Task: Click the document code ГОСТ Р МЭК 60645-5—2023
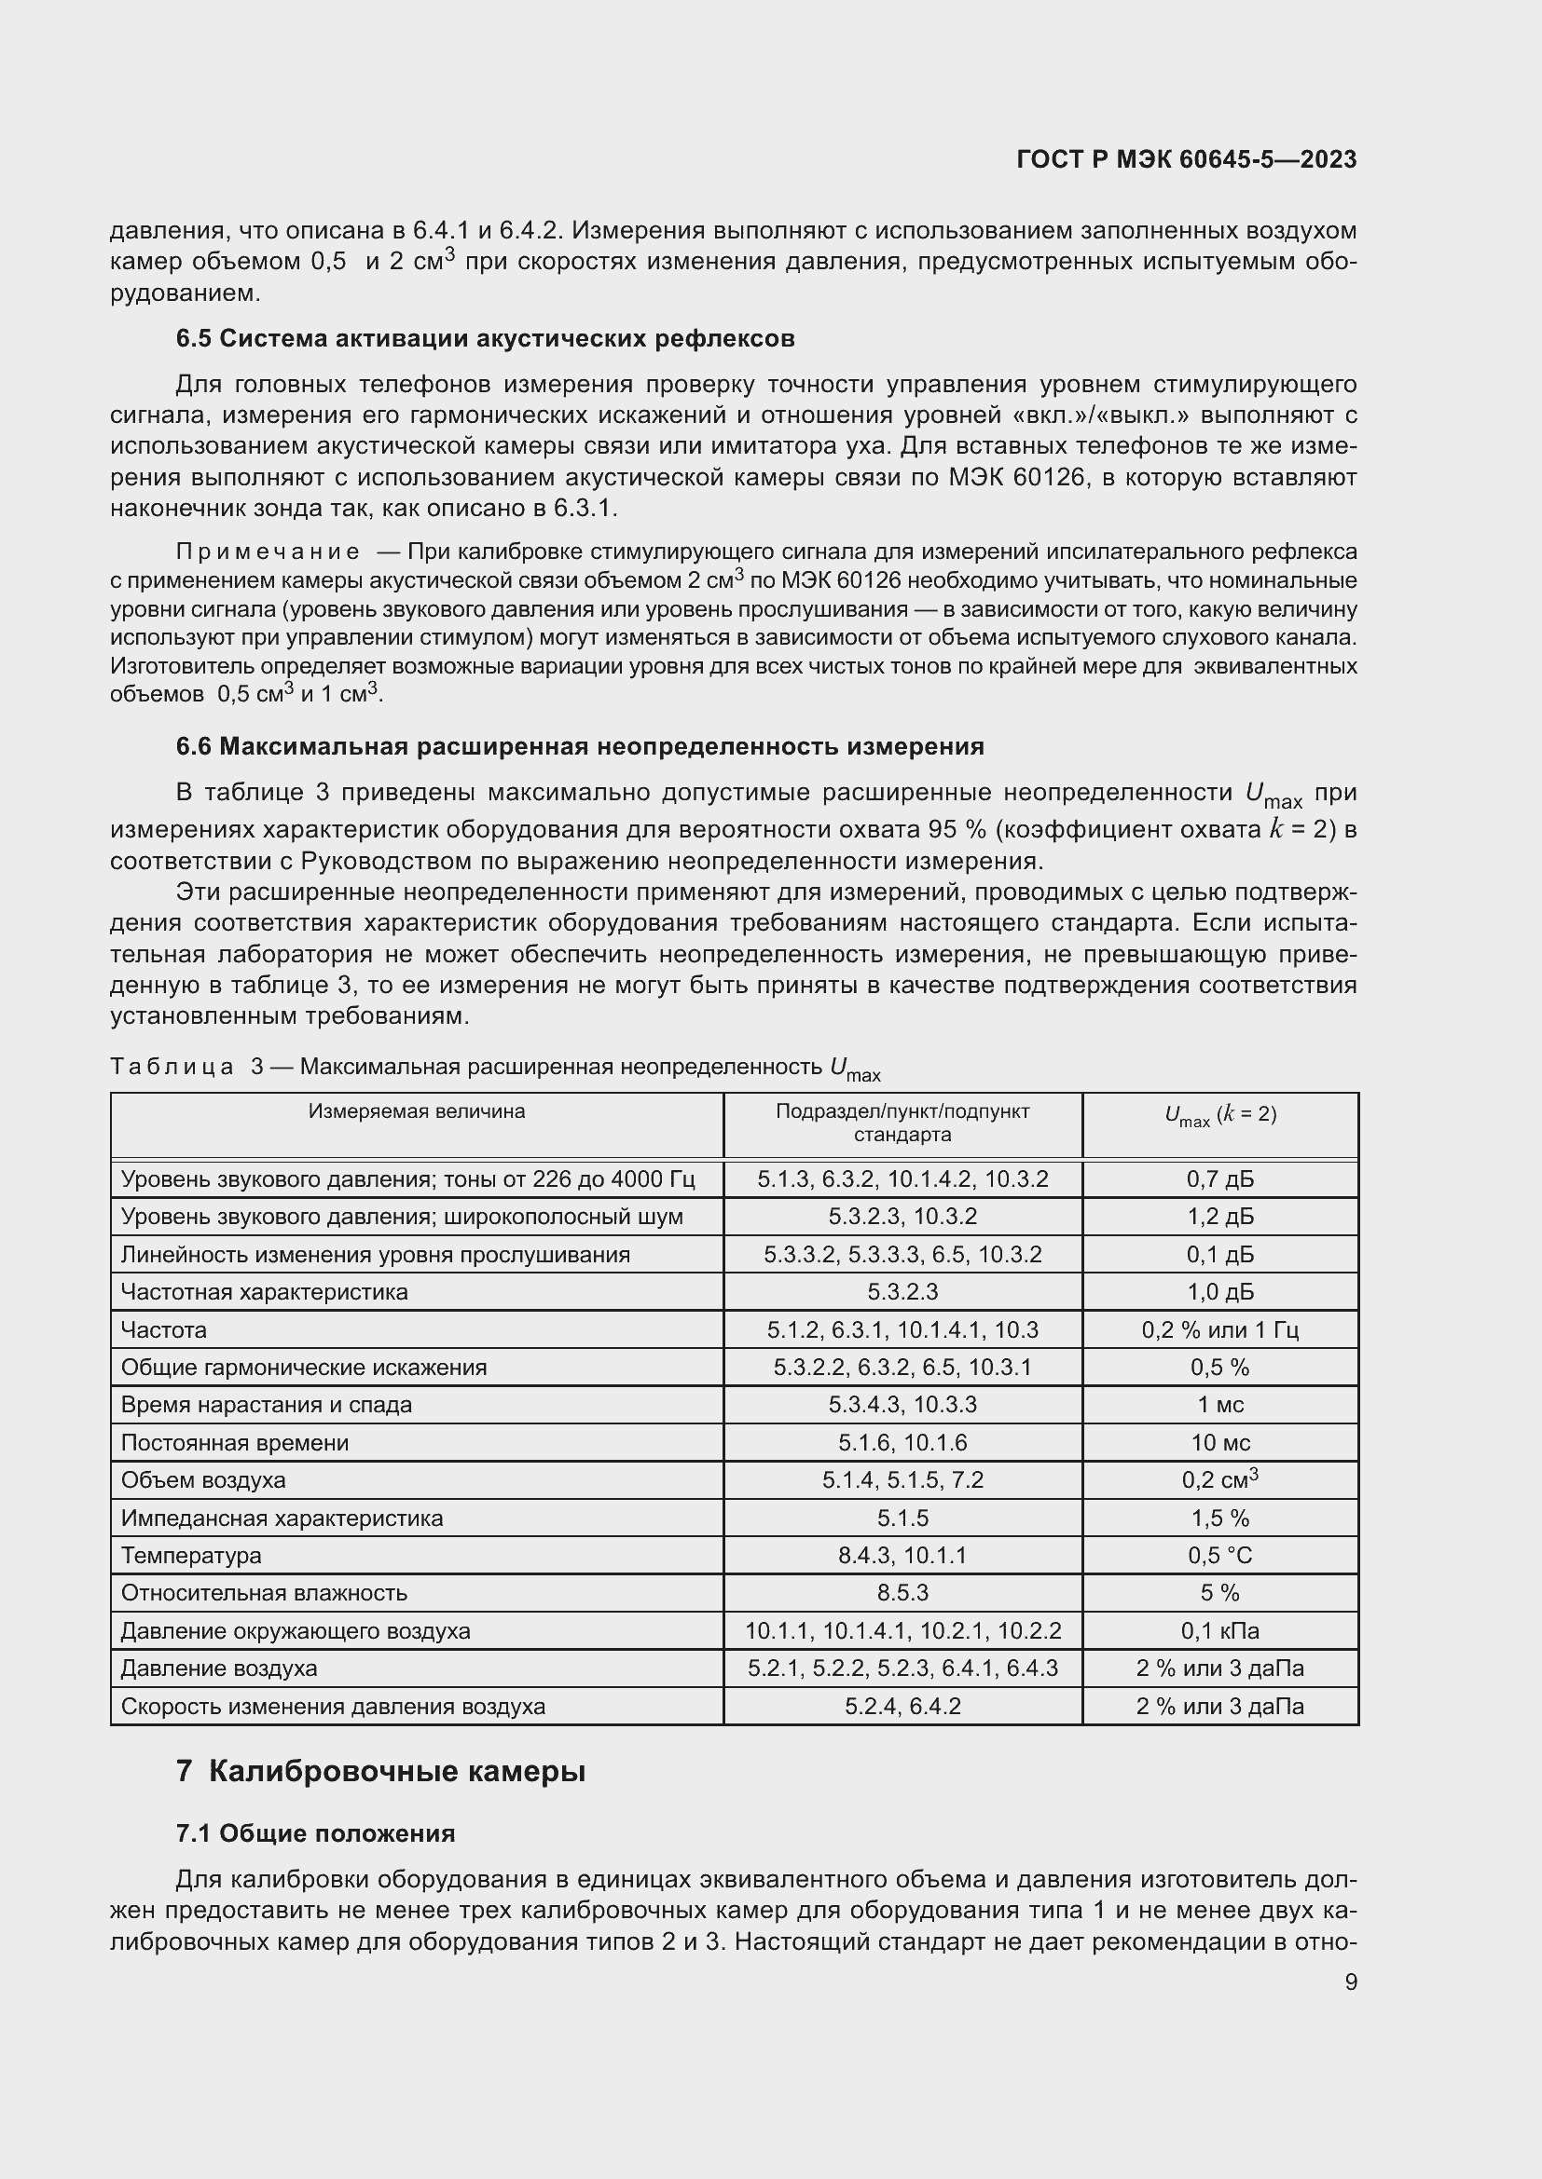pyautogui.click(x=1186, y=159)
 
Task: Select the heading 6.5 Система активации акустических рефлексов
pyautogui.click(x=485, y=339)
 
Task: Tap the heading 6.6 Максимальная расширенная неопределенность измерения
pyautogui.click(x=580, y=747)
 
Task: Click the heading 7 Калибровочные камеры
pyautogui.click(x=380, y=1772)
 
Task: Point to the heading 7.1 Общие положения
pyautogui.click(x=315, y=1833)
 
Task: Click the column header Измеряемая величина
pyautogui.click(x=416, y=1111)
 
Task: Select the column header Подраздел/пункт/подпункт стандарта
pyautogui.click(x=902, y=1123)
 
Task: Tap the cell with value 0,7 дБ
pyautogui.click(x=1220, y=1179)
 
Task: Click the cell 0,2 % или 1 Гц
pyautogui.click(x=1220, y=1329)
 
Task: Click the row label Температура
pyautogui.click(x=191, y=1556)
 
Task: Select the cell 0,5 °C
pyautogui.click(x=1220, y=1556)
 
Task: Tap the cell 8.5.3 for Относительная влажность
pyautogui.click(x=902, y=1593)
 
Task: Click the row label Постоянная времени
pyautogui.click(x=235, y=1442)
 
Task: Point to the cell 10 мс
pyautogui.click(x=1220, y=1442)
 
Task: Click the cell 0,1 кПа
pyautogui.click(x=1220, y=1631)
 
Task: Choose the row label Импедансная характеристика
pyautogui.click(x=281, y=1518)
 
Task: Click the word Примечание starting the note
pyautogui.click(x=268, y=552)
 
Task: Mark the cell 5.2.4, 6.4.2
pyautogui.click(x=902, y=1707)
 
